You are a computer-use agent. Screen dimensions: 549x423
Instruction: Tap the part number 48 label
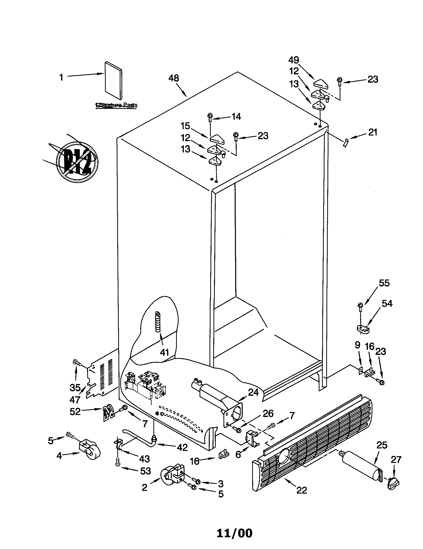(x=174, y=78)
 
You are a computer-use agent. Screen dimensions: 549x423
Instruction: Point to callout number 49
(x=294, y=60)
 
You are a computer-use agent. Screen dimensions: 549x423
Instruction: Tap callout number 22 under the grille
(x=302, y=490)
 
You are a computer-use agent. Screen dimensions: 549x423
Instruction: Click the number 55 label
(x=384, y=283)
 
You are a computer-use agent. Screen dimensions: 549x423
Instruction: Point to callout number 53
(x=145, y=471)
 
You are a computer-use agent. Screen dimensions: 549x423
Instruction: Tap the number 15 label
(x=186, y=126)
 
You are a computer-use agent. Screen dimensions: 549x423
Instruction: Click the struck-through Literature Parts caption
(x=116, y=105)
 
